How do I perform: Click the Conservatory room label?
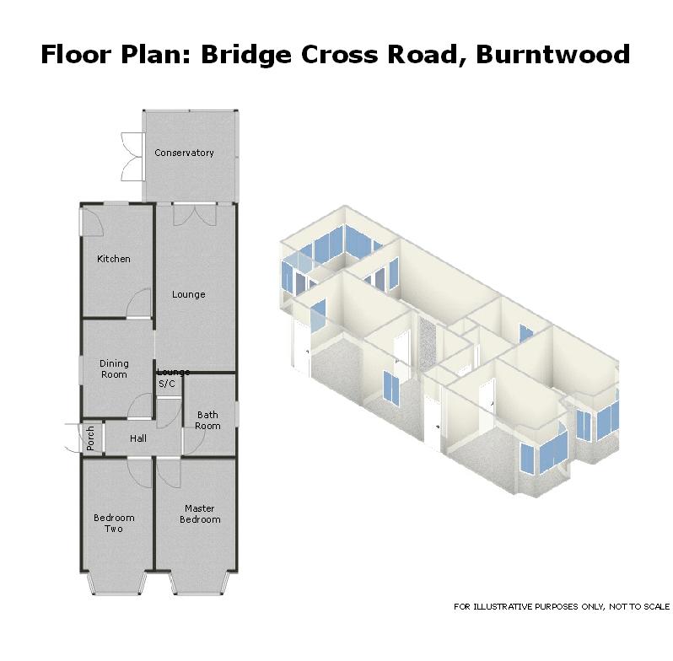tap(184, 153)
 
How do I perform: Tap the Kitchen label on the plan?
tap(114, 259)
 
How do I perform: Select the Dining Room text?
tap(114, 369)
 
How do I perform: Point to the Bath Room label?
tap(207, 421)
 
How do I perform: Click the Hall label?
tap(138, 438)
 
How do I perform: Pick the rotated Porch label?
tap(90, 438)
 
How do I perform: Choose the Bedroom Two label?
tap(114, 524)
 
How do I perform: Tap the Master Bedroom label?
tap(200, 513)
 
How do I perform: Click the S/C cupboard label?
tap(167, 384)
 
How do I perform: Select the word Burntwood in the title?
tap(553, 55)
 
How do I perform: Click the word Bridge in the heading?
tap(246, 55)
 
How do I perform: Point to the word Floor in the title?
tap(78, 55)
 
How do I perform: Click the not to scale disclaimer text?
tap(562, 606)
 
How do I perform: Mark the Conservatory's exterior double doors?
tap(132, 157)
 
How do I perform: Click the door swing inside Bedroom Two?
tap(140, 473)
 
